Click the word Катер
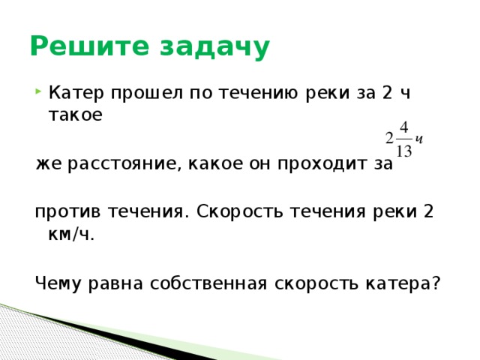(76, 94)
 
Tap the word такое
(75, 116)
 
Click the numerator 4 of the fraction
(403, 125)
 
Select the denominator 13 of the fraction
(403, 151)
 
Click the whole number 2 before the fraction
(388, 139)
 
